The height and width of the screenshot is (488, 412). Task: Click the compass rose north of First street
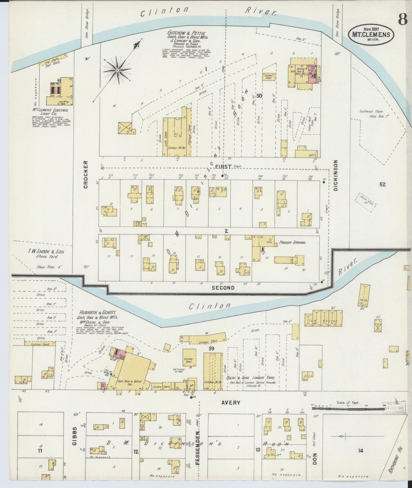click(117, 70)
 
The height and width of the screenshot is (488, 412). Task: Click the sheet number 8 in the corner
click(402, 19)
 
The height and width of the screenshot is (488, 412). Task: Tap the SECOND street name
click(223, 288)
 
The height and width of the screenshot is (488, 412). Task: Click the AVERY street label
click(231, 403)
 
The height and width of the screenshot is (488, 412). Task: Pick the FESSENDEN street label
click(197, 450)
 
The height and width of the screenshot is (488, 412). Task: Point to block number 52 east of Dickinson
click(382, 185)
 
